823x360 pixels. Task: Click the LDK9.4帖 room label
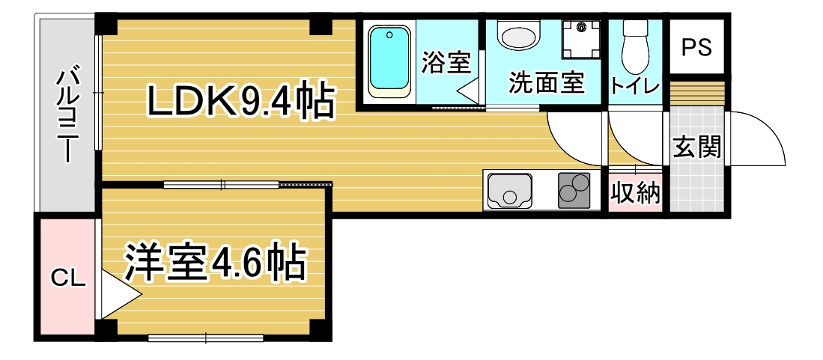241,101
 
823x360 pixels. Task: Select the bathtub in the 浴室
389,62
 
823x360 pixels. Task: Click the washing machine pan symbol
581,40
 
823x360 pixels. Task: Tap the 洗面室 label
547,82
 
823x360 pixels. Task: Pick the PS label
696,48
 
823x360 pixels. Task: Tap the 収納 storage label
636,194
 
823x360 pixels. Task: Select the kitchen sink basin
508,191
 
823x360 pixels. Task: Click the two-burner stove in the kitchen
574,190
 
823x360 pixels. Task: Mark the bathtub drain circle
389,36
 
